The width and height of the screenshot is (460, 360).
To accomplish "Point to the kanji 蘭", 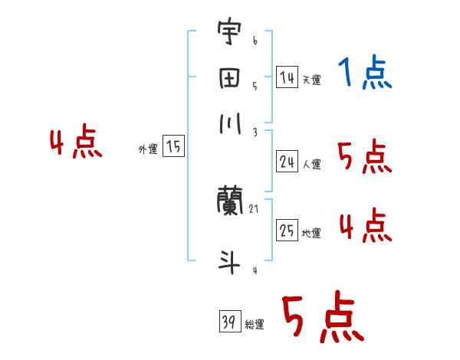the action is coord(230,202).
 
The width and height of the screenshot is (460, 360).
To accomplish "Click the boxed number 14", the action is coord(287,77).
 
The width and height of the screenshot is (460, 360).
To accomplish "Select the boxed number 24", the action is coord(287,161).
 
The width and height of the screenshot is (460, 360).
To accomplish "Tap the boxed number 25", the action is coord(287,231).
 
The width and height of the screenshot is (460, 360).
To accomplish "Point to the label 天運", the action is coord(311,80).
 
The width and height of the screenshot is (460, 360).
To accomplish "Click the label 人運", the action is coord(311,164).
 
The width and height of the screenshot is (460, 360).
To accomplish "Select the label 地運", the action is coord(311,234).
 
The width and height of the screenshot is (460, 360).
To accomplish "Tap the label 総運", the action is coord(254,325).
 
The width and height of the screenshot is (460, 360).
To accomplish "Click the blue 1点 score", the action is coord(364,74).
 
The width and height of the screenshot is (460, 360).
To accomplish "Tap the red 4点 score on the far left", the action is coord(75,144).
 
